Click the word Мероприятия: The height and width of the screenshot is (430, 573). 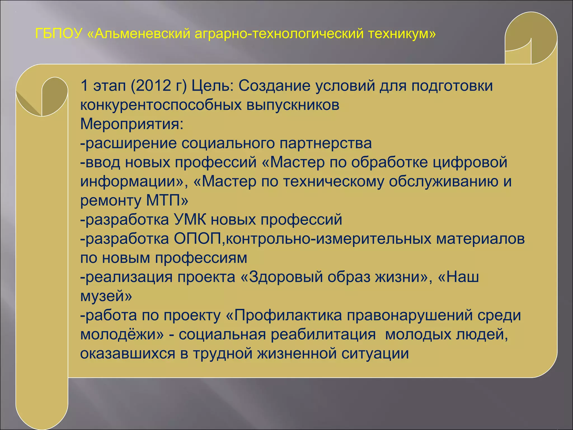(x=132, y=124)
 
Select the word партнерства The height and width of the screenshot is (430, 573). (x=326, y=143)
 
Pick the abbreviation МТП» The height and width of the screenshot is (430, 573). (x=167, y=200)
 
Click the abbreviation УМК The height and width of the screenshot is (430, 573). (x=190, y=219)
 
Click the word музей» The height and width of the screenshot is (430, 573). (x=106, y=296)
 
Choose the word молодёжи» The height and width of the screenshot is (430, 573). (x=122, y=335)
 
